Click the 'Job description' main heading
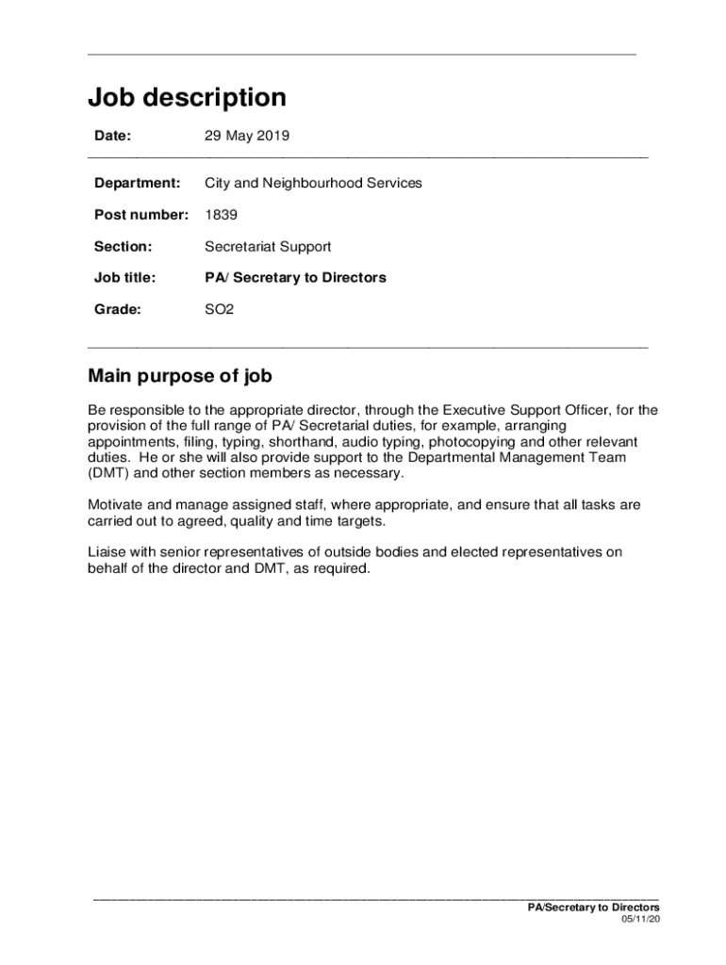click(187, 98)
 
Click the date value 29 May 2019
click(247, 136)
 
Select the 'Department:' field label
click(137, 183)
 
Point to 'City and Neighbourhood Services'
click(313, 183)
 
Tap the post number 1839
click(221, 215)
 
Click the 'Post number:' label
click(141, 215)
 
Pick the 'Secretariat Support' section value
click(268, 247)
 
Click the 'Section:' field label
click(123, 247)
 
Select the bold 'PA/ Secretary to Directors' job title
click(295, 278)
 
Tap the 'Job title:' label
click(124, 278)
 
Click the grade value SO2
click(219, 309)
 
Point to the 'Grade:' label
click(117, 309)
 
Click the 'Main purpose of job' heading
click(180, 377)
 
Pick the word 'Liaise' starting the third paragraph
click(107, 552)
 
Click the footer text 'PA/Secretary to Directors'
click(593, 907)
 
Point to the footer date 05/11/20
click(640, 919)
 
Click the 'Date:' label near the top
click(112, 136)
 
